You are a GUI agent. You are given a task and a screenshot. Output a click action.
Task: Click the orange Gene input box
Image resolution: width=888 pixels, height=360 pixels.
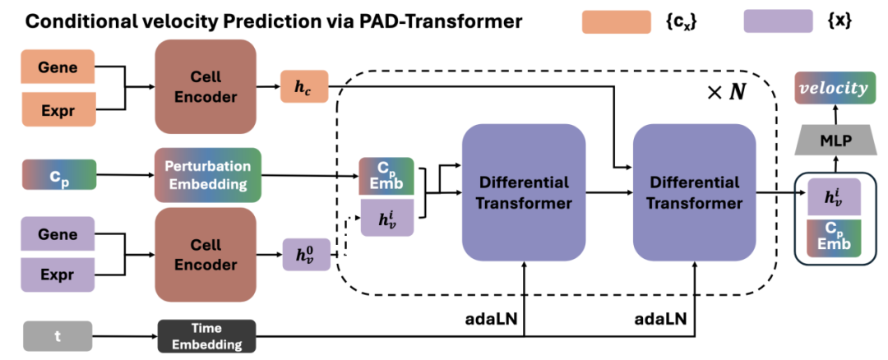[58, 67]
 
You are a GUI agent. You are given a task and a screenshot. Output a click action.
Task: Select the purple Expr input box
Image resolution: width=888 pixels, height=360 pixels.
[58, 274]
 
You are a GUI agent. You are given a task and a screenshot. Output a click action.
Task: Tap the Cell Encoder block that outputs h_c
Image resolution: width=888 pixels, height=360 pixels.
[205, 86]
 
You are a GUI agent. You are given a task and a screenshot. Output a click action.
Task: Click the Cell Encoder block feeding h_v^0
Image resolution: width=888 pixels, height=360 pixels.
[205, 254]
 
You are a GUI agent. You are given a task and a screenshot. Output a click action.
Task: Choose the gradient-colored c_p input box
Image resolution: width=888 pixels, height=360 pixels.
[58, 174]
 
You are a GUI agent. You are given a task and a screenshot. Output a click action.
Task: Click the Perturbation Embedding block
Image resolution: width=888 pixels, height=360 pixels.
[207, 174]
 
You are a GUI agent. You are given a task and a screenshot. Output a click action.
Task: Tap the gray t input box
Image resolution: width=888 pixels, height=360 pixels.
[58, 335]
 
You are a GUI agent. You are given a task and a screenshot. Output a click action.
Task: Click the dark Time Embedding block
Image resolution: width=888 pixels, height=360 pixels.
[207, 335]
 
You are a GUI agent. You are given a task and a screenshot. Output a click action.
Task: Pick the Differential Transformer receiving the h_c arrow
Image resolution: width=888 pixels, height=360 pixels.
[694, 192]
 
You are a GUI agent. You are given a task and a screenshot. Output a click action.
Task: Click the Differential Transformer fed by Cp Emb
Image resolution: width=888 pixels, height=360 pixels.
[523, 192]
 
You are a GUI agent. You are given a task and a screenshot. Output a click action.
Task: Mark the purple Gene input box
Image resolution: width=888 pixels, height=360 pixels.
[58, 234]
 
